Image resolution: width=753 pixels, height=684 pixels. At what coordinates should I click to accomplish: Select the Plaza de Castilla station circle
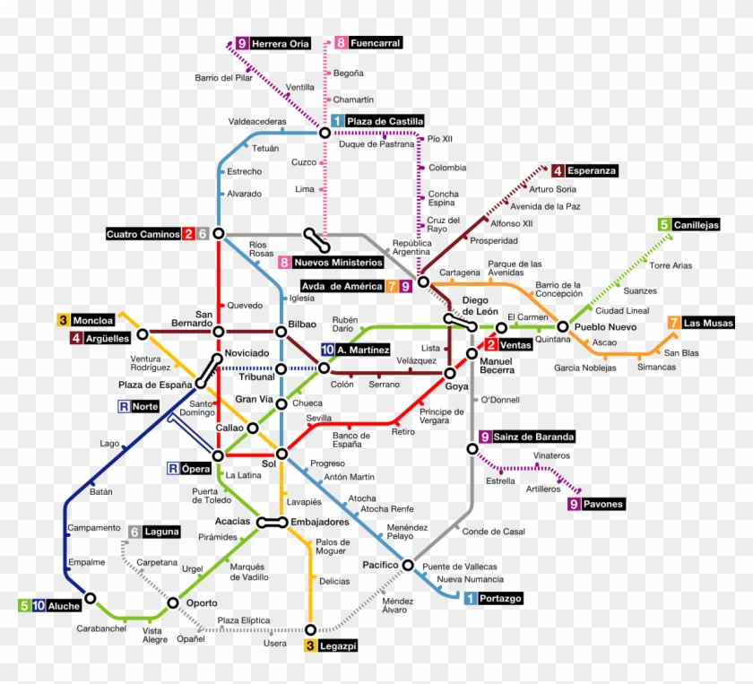[325, 133]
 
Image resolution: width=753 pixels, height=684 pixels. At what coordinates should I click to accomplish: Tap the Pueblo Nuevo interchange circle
[563, 326]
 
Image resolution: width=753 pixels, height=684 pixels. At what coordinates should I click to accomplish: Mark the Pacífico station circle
[408, 565]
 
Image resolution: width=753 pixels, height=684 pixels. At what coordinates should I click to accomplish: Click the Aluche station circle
[91, 598]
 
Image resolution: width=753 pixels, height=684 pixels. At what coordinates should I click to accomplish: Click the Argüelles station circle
[142, 337]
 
